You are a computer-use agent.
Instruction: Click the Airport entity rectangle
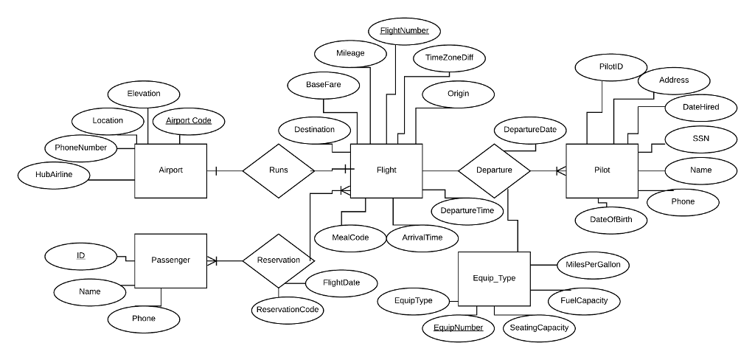[x=170, y=170]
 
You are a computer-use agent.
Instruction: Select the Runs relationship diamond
[x=278, y=170]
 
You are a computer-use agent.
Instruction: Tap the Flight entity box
[x=386, y=170]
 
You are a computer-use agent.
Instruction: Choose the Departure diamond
[x=494, y=170]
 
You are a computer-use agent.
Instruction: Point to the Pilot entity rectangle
[x=602, y=170]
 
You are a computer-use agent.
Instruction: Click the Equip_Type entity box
[x=493, y=278]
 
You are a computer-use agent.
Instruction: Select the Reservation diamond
[x=278, y=260]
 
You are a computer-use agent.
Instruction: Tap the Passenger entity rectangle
[x=170, y=260]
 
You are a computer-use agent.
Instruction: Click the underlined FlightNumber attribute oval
[x=404, y=31]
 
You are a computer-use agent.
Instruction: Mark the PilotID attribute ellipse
[x=610, y=67]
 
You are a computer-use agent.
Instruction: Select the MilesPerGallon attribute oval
[x=592, y=264]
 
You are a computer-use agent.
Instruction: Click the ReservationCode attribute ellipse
[x=288, y=310]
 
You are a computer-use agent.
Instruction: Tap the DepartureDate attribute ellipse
[x=529, y=130]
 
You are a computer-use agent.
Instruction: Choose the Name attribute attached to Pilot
[x=700, y=170]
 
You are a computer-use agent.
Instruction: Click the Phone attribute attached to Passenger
[x=144, y=319]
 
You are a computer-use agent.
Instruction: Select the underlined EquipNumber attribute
[x=458, y=327]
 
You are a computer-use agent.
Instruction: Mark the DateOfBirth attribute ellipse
[x=610, y=220]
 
